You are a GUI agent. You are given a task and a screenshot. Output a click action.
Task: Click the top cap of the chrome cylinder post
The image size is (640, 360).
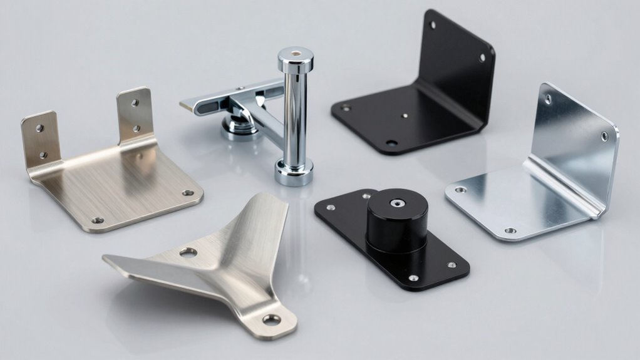coord(296,57)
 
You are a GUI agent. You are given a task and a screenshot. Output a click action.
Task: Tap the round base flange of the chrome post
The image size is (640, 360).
coord(294,173)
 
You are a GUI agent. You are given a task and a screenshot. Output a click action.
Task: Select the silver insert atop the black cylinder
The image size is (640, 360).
coord(396,203)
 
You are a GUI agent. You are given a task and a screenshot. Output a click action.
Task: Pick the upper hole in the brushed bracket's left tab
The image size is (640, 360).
coord(39,128)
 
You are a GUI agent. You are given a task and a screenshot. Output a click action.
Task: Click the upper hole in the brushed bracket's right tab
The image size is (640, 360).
coord(134,104)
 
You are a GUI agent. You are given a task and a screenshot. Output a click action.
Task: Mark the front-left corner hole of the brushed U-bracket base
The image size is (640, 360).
coord(97,220)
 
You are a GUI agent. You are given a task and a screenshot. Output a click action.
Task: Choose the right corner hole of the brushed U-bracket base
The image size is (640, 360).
coord(187,192)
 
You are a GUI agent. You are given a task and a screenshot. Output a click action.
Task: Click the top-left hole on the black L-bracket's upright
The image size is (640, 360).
coord(432,25)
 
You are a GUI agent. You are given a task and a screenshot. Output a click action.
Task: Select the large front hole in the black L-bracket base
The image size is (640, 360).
coord(391,143)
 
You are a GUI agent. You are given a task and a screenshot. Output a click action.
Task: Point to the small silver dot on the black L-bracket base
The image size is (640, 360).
coord(406,115)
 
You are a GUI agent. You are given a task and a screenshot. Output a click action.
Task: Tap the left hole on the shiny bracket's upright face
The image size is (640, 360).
coord(548,98)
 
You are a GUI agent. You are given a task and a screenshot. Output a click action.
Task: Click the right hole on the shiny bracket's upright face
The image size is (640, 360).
coord(604,135)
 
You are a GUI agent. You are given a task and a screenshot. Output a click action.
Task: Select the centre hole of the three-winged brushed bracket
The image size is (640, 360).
coord(187,253)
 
